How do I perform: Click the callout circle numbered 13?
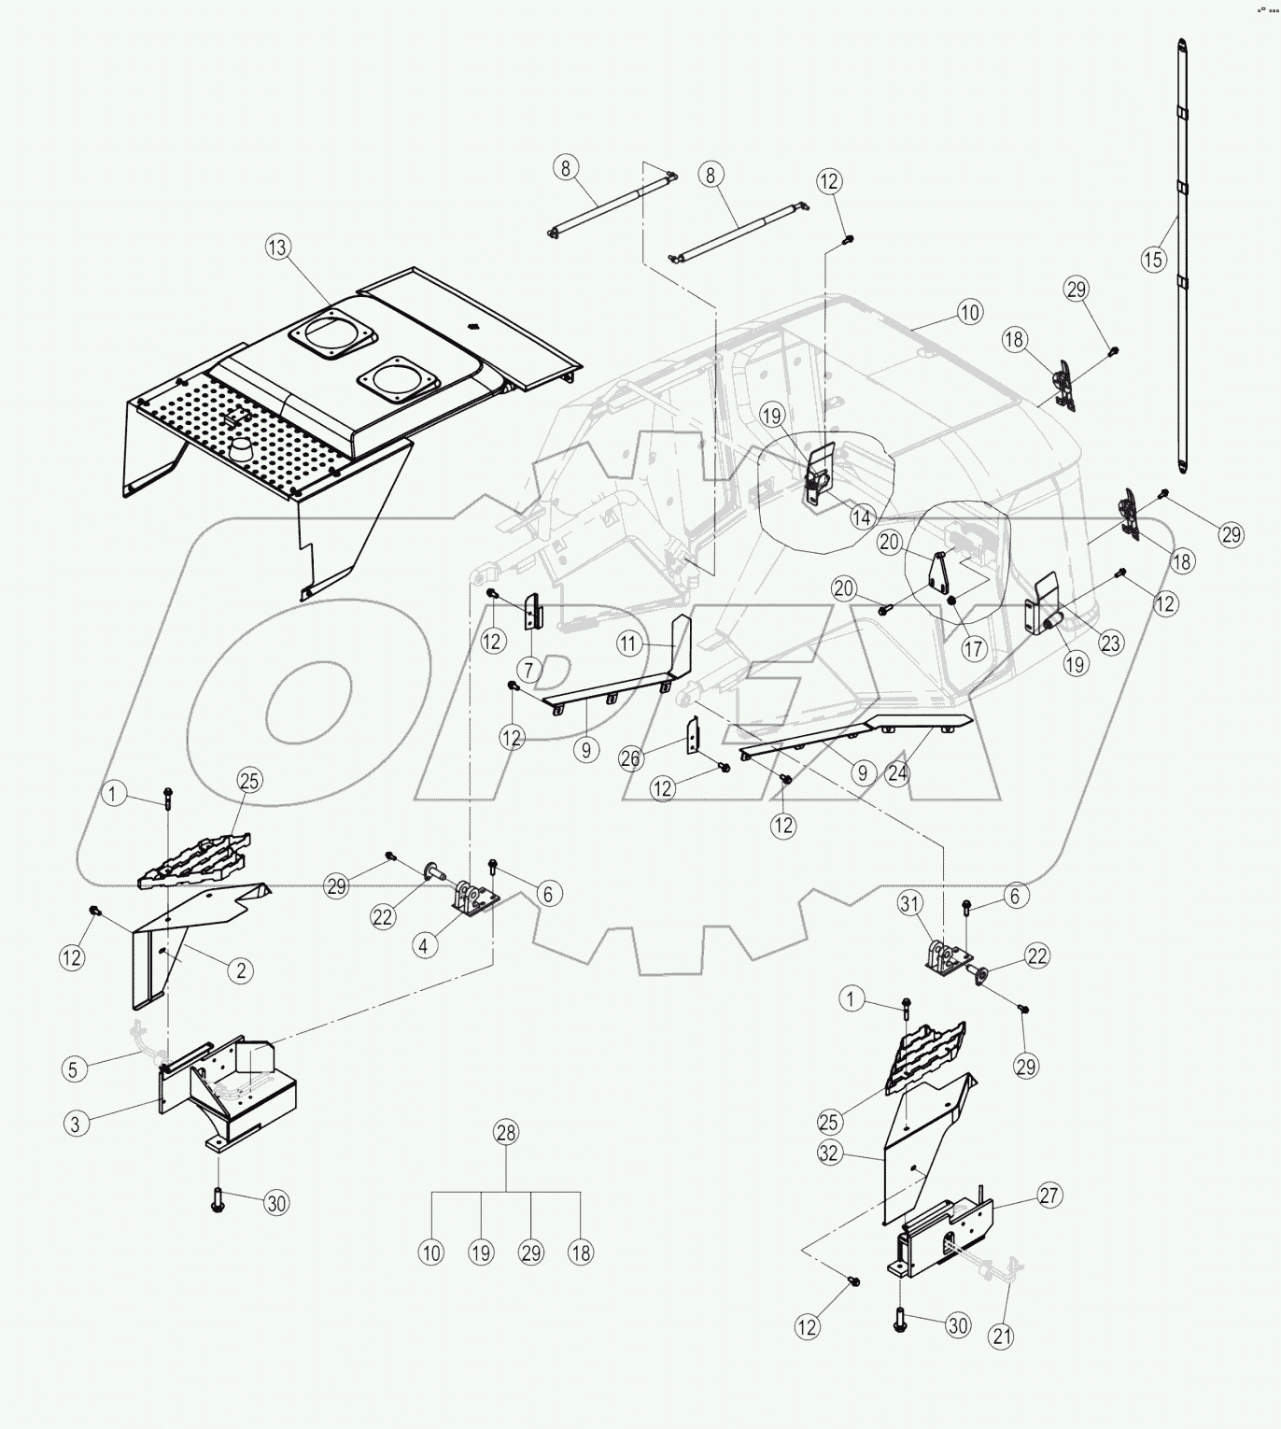point(278,248)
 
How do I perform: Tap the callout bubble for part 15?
point(1154,259)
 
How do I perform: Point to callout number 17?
point(974,647)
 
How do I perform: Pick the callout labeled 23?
point(1110,643)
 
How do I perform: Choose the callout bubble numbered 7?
point(529,669)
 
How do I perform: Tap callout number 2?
point(240,970)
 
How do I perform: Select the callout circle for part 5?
point(75,1067)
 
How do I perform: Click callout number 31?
point(910,902)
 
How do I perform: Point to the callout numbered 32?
point(829,1153)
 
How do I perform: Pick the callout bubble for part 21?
point(1002,1337)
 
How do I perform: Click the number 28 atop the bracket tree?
point(506,1133)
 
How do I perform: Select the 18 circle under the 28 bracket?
point(581,1252)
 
